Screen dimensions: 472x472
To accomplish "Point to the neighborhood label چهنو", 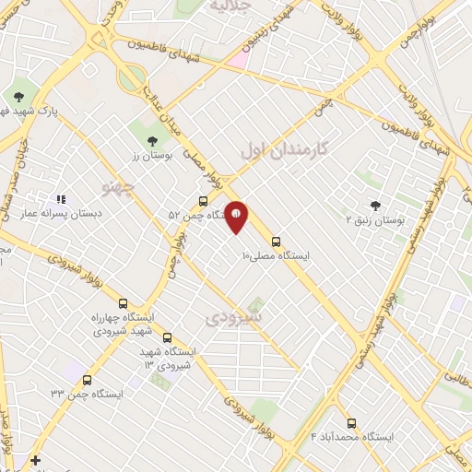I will [x=121, y=189].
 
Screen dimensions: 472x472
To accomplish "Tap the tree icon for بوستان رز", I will [x=152, y=140].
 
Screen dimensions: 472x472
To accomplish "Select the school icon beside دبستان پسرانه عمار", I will [x=62, y=198].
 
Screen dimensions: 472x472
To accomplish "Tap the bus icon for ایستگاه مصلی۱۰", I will [x=277, y=242].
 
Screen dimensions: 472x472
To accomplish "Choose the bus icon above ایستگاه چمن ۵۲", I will [x=204, y=201].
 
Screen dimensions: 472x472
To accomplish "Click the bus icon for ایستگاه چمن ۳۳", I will [x=87, y=379].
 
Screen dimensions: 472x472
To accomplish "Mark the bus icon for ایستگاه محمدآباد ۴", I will [x=351, y=423].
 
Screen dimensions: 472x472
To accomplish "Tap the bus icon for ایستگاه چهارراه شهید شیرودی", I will [x=123, y=302].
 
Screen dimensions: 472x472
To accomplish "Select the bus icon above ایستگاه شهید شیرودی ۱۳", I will [x=167, y=338].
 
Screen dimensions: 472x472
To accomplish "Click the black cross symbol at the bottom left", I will [x=35, y=459].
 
